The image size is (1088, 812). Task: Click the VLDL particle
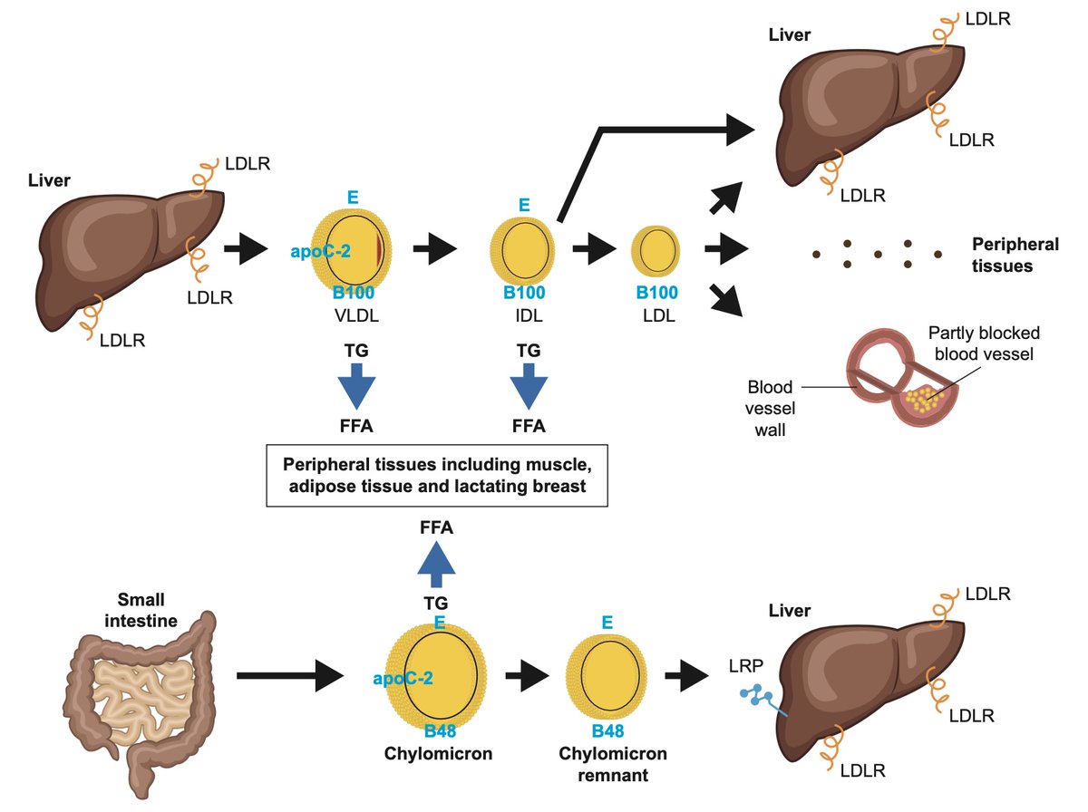349,247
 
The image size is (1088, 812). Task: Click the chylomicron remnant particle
607,676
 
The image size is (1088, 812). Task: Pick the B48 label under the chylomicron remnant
607,731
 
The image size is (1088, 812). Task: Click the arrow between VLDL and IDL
435,247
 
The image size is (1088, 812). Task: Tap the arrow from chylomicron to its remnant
528,675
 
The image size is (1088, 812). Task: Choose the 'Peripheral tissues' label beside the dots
1015,256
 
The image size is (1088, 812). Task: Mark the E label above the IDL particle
523,205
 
